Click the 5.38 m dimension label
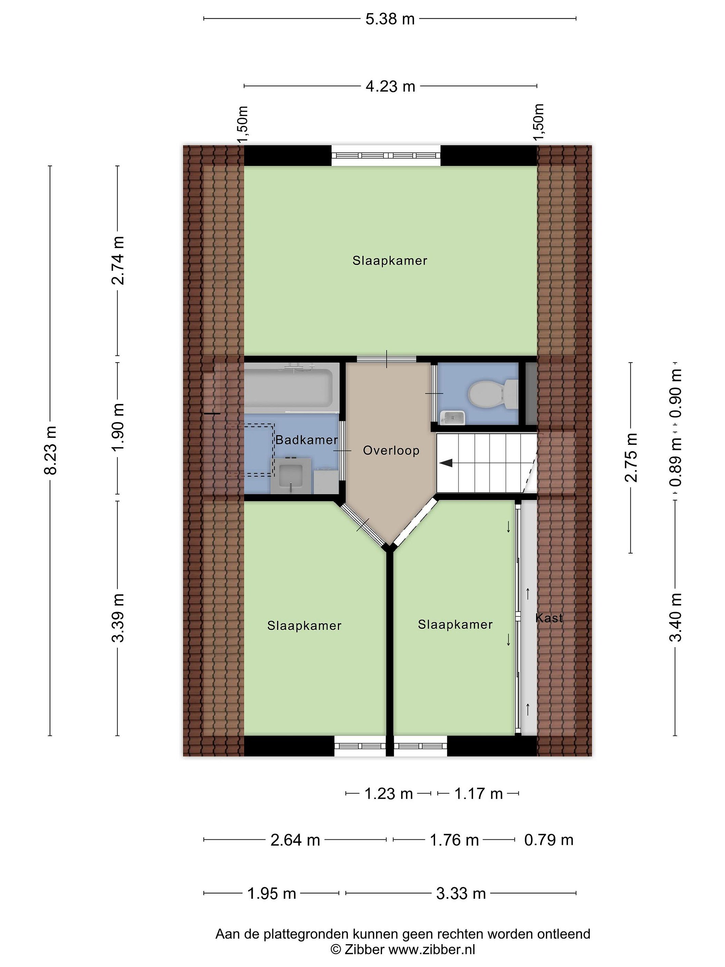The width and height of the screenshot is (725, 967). tap(390, 19)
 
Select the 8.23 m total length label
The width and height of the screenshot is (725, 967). tap(51, 451)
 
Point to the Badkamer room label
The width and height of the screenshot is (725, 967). tap(306, 440)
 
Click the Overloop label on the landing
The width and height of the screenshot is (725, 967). tap(391, 450)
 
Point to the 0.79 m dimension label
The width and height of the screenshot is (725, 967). tap(548, 840)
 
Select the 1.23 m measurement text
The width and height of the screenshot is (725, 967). tap(388, 793)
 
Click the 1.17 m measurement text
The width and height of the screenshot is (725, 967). tap(479, 793)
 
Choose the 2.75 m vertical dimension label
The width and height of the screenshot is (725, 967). tap(631, 457)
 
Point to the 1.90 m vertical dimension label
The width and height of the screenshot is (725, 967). tap(118, 427)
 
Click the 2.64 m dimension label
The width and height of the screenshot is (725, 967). tap(295, 840)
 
